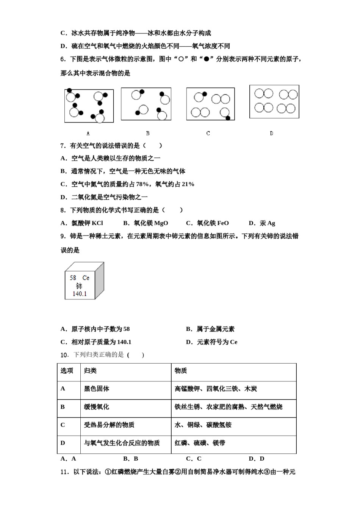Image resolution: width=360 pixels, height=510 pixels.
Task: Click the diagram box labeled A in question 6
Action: click(x=89, y=106)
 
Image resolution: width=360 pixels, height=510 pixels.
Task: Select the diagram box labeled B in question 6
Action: click(x=146, y=104)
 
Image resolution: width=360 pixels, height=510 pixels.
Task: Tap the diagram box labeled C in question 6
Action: click(x=210, y=104)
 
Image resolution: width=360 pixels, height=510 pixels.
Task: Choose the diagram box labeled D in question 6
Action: click(x=274, y=101)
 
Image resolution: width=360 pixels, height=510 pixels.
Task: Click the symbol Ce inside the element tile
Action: click(x=86, y=278)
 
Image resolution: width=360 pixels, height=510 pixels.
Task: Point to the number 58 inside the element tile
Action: click(x=73, y=278)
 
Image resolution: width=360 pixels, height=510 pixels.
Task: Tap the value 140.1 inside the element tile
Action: click(x=80, y=294)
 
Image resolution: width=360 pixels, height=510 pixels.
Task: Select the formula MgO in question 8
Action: click(x=161, y=223)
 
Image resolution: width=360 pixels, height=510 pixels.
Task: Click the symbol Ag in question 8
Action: click(x=271, y=223)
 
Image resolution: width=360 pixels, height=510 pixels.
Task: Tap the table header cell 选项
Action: click(x=67, y=371)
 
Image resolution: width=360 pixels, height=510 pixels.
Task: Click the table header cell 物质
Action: click(x=181, y=371)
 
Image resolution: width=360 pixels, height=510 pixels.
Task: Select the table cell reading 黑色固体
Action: click(x=97, y=389)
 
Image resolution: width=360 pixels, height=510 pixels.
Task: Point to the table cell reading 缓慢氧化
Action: click(x=97, y=407)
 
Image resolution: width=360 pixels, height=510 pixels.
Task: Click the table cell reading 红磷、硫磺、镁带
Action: click(x=200, y=443)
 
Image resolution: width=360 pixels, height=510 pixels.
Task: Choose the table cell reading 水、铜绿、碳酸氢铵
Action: click(x=203, y=425)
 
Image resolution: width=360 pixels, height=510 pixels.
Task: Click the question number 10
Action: click(x=64, y=355)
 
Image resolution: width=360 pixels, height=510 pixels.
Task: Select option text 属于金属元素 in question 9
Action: click(x=215, y=329)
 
